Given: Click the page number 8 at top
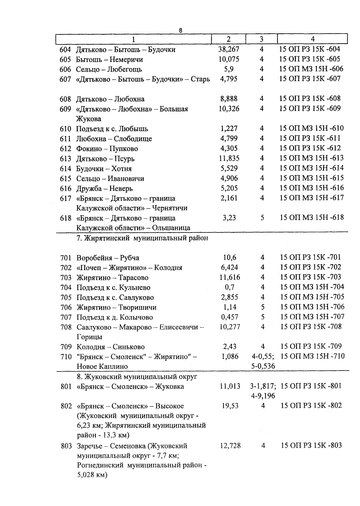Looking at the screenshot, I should pos(180,30).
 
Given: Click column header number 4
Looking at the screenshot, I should pos(313,39).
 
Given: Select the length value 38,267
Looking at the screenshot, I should pos(229,49).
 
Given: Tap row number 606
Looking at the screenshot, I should pos(65,69).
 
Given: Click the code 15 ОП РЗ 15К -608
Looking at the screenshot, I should pos(310,98).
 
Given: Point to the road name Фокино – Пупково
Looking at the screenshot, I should pos(107,149).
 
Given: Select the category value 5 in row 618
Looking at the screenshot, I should pos(262,218).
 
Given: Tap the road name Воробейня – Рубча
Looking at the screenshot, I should pos(108,258).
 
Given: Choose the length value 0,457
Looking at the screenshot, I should pos(229,317).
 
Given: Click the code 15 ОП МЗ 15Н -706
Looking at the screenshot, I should pos(312,307).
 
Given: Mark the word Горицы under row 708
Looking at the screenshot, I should pos(89,337).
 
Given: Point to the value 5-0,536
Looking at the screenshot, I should pos(263,366).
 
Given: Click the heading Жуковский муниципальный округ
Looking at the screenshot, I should pos(137,376).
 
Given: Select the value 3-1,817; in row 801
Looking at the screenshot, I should pos(263,386).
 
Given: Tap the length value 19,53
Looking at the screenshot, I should pos(230,406).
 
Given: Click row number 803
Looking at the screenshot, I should pos(66,446).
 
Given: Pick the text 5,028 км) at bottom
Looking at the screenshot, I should pos(92,475).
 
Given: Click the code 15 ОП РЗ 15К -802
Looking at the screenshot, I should pos(311,406).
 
